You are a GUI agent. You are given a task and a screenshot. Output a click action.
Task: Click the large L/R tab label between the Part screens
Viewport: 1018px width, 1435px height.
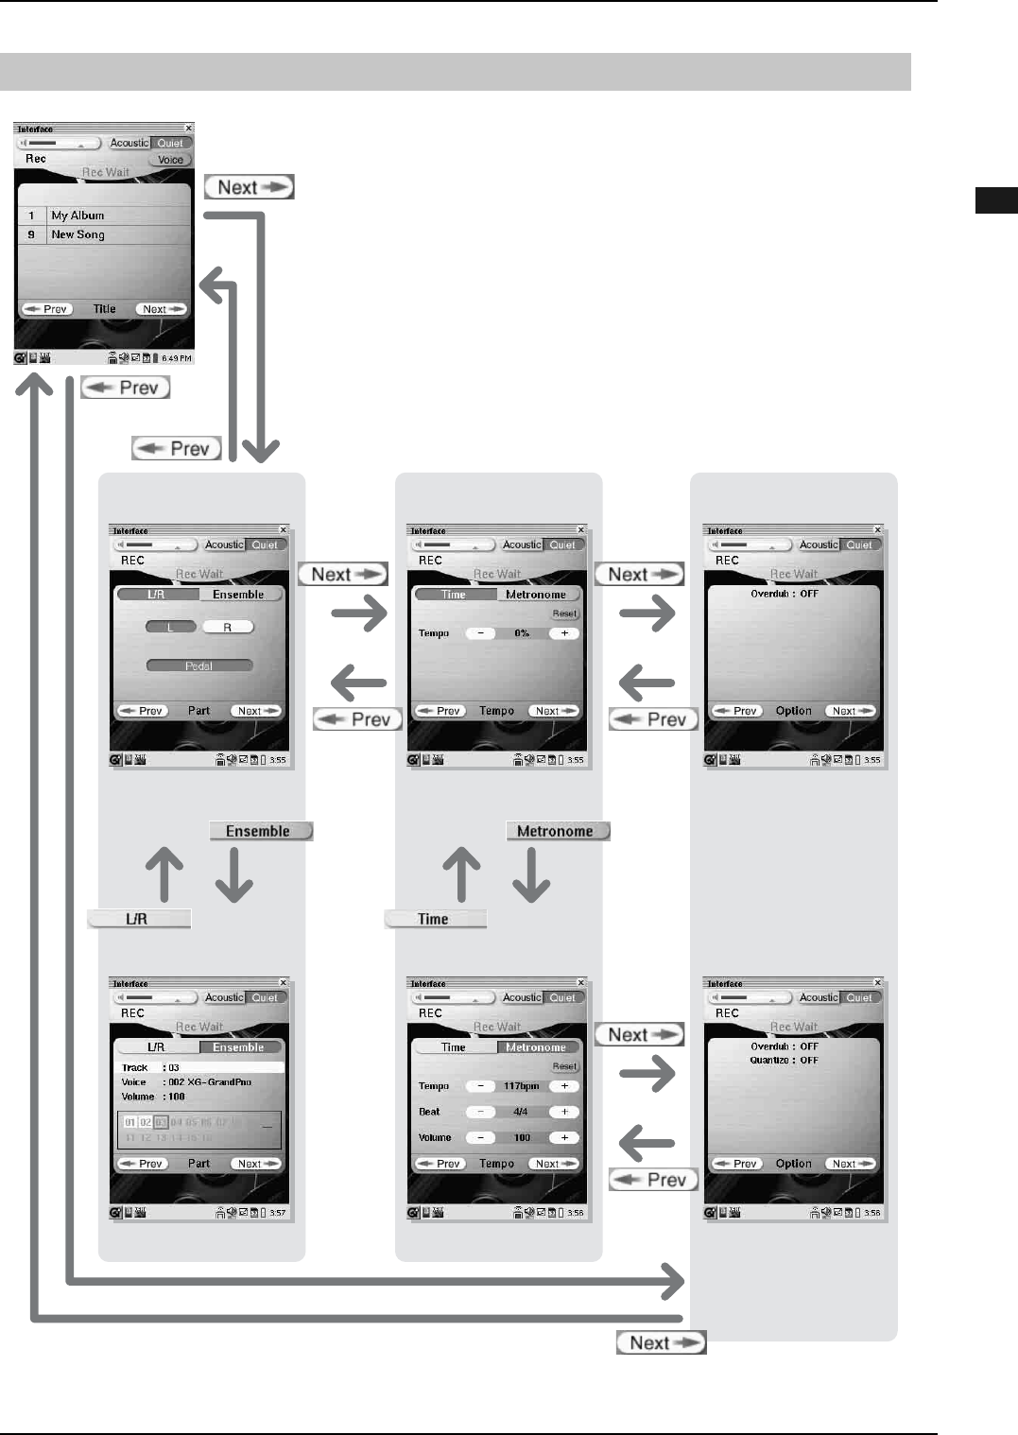[x=138, y=919]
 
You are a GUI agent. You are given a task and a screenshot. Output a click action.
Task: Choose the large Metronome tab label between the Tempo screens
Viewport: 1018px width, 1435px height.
[x=557, y=831]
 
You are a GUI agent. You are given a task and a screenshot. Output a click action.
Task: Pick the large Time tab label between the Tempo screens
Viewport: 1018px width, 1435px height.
[x=435, y=919]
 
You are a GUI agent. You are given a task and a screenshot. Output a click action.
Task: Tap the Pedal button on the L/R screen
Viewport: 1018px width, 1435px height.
[x=198, y=666]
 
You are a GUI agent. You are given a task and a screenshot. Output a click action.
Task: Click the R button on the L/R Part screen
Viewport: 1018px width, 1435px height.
[x=227, y=627]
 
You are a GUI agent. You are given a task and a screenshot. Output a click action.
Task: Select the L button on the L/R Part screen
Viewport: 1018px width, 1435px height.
[x=171, y=627]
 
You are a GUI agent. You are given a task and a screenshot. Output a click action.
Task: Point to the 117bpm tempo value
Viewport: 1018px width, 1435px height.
[x=521, y=1086]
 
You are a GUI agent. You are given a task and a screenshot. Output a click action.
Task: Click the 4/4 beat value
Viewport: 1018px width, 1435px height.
[x=521, y=1112]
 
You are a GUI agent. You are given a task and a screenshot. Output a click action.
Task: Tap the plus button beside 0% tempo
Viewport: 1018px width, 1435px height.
[x=564, y=633]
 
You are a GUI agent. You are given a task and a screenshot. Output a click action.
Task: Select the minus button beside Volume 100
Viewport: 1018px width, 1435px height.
[x=480, y=1137]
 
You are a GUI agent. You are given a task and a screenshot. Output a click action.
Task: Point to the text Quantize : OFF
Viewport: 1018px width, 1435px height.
[x=785, y=1061]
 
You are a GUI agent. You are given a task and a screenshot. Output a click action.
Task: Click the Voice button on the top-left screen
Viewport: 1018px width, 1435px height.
[x=170, y=160]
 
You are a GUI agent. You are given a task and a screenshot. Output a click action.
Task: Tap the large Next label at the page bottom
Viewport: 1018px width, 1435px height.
[x=661, y=1343]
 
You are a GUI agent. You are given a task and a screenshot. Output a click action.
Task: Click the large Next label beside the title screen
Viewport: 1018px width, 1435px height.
[x=249, y=187]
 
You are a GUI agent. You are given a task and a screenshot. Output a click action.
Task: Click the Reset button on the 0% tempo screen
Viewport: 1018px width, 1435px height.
[x=564, y=614]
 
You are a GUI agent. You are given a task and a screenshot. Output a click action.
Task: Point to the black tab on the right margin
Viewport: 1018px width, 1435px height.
[x=996, y=200]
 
